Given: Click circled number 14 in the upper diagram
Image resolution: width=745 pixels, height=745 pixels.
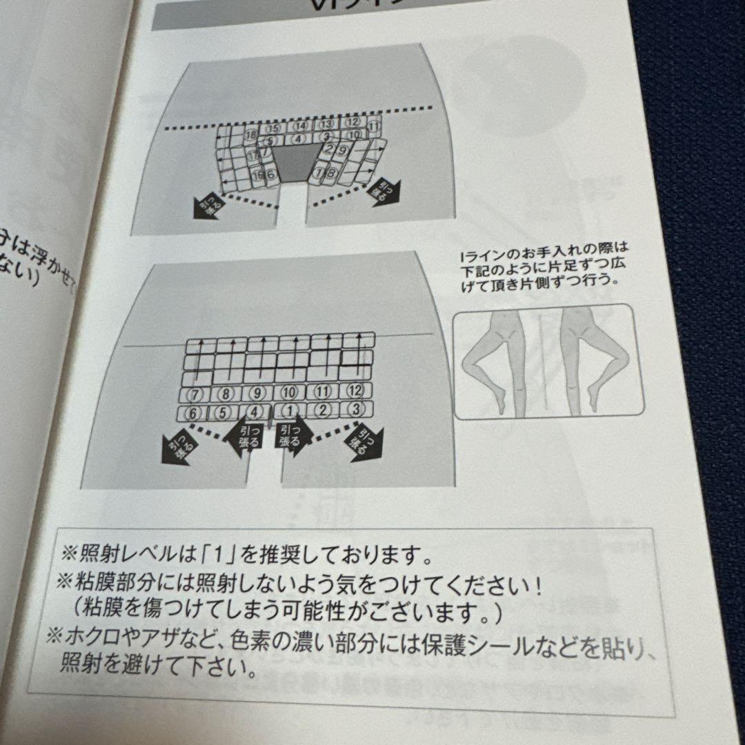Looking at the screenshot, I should [300, 126].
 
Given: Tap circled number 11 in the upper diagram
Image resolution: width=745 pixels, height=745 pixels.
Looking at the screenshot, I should [373, 126].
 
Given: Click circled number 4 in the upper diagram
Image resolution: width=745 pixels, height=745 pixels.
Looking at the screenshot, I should [298, 139].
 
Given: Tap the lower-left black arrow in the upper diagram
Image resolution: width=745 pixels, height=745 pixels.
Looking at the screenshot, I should [207, 205].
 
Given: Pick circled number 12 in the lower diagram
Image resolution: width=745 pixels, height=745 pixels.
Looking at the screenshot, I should [355, 391].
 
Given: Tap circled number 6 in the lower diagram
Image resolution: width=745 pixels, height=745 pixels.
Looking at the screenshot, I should [193, 413].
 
